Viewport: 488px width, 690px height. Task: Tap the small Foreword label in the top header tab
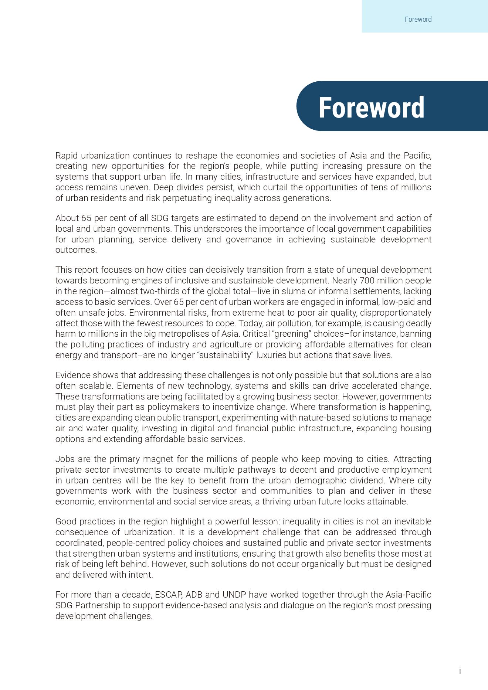pos(418,19)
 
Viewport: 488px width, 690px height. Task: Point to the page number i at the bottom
pos(460,671)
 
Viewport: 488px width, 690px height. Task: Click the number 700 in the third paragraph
pos(367,281)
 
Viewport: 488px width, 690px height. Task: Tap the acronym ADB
pos(194,595)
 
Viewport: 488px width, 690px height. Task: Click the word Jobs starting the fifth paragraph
pos(65,459)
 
